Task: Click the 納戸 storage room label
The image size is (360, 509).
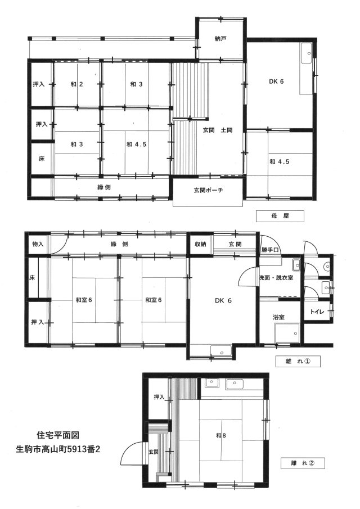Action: point(220,39)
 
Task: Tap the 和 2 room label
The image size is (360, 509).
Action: point(76,84)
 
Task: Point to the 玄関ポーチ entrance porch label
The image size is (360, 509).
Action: point(208,190)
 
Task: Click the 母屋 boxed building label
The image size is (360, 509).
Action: point(280,216)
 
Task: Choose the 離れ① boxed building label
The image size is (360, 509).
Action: point(298,361)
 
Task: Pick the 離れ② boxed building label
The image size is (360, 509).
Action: point(303,463)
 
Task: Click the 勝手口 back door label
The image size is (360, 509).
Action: point(270,250)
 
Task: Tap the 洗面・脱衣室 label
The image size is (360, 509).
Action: point(276,278)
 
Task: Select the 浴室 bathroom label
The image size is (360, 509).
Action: point(279,317)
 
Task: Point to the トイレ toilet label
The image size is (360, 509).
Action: point(317,312)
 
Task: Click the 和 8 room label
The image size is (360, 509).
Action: point(220,435)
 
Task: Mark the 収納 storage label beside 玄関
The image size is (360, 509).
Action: point(200,244)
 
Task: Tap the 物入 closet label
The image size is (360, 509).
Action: point(38,244)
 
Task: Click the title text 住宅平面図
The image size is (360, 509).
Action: point(58,435)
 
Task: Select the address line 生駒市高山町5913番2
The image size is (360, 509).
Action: point(58,449)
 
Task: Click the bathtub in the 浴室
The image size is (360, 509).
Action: point(287,333)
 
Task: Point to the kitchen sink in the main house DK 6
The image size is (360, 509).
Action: point(307,53)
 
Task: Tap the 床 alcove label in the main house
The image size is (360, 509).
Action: point(42,159)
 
